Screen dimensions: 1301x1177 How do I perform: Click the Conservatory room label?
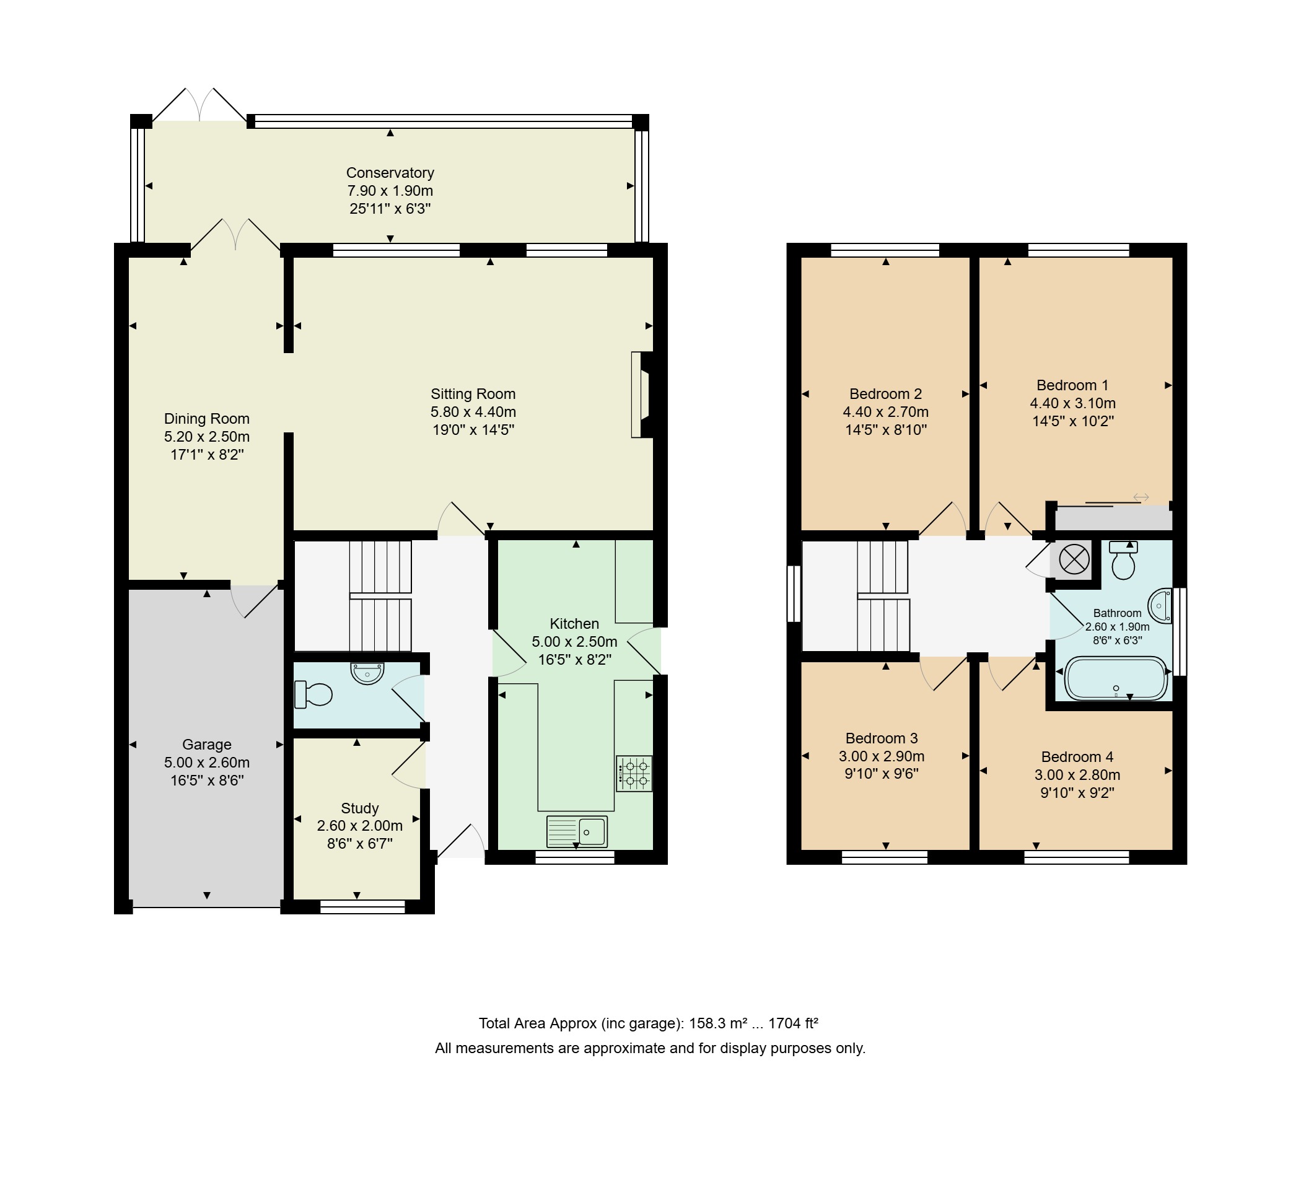click(x=390, y=173)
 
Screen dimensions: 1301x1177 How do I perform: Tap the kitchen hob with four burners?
click(x=634, y=774)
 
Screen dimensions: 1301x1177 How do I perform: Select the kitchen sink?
click(x=577, y=832)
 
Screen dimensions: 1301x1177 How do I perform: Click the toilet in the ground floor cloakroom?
click(x=313, y=694)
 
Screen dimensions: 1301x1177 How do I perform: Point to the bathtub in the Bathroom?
click(x=1116, y=678)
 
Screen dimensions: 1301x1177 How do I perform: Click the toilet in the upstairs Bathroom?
click(x=1124, y=560)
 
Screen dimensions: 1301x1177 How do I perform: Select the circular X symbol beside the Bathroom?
click(x=1074, y=559)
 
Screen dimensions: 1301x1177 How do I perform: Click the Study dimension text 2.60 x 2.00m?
click(x=359, y=826)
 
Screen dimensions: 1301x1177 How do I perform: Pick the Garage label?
click(x=206, y=745)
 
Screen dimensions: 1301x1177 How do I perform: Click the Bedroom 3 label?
click(x=882, y=738)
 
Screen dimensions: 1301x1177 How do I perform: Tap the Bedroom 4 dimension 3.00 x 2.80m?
click(x=1077, y=775)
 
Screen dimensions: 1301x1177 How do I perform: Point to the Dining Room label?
click(x=206, y=419)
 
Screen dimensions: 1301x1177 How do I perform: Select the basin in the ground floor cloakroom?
click(x=367, y=673)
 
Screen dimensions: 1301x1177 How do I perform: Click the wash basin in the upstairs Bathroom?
click(x=1160, y=606)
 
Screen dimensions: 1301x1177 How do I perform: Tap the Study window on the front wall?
click(x=362, y=908)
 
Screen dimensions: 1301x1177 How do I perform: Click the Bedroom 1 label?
click(x=1072, y=385)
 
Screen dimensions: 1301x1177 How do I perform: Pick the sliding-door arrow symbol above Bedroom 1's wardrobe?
click(x=1141, y=497)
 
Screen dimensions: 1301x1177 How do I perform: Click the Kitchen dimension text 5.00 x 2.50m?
click(x=574, y=642)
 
